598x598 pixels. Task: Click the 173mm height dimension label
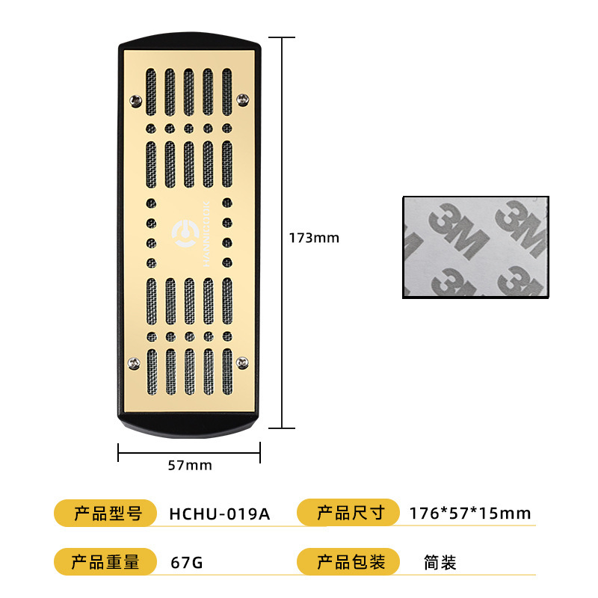(x=314, y=238)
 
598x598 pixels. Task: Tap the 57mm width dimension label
(x=190, y=465)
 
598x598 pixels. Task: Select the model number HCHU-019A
(x=219, y=514)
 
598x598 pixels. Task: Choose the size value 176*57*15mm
(x=470, y=514)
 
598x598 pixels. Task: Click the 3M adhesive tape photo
(x=476, y=247)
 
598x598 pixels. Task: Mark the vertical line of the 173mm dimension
(x=281, y=149)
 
